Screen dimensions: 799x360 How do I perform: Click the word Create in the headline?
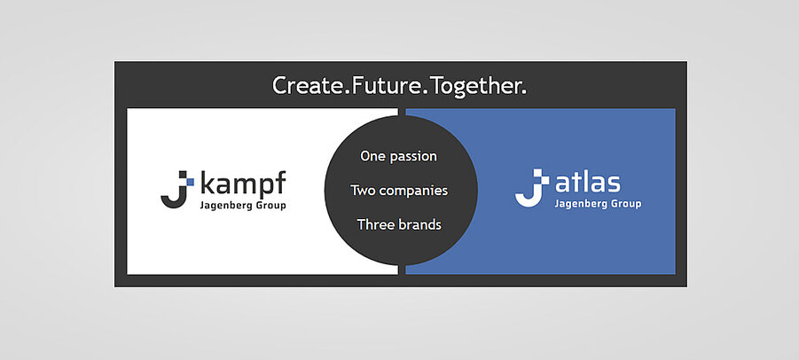(x=308, y=85)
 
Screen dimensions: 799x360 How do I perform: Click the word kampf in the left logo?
(x=243, y=184)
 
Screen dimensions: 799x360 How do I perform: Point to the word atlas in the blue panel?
(x=588, y=183)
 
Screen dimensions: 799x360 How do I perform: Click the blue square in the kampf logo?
(x=190, y=181)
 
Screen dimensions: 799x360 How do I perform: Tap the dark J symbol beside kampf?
(x=174, y=190)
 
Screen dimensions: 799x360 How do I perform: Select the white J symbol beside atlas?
(x=530, y=188)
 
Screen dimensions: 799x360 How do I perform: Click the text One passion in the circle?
(x=398, y=156)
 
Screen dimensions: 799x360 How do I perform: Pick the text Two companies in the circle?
(x=399, y=191)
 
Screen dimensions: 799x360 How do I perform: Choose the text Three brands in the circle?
(x=399, y=224)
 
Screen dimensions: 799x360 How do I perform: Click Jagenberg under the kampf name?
(x=223, y=207)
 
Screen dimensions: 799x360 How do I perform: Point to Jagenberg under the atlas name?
(x=578, y=204)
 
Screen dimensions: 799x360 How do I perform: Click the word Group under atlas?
(x=623, y=204)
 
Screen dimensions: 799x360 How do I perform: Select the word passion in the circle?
(x=415, y=157)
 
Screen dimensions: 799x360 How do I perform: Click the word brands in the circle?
(x=419, y=224)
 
